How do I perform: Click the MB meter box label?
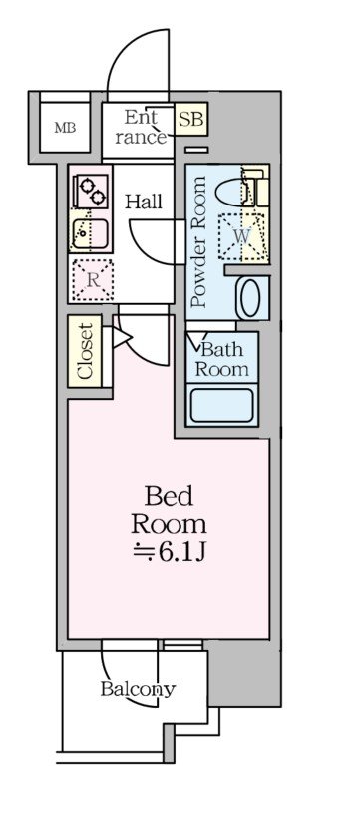65,128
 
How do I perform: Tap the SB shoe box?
190,119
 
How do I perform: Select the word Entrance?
141,127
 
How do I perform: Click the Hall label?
143,201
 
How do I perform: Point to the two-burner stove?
93,191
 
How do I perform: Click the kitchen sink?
91,233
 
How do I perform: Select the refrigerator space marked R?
93,280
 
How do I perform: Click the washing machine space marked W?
241,236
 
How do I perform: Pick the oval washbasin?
251,298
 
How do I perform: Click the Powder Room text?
199,242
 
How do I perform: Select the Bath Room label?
222,360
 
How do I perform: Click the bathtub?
222,405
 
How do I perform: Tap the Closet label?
85,350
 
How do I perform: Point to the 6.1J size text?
170,552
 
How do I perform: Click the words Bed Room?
170,509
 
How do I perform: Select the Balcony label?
138,689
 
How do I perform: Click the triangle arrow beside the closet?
120,337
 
